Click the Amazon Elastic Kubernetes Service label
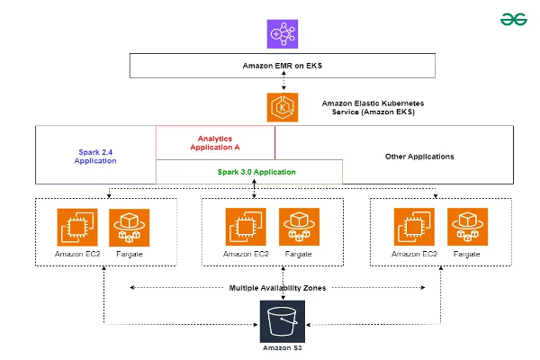pyautogui.click(x=373, y=109)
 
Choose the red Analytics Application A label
pyautogui.click(x=215, y=142)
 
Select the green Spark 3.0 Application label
pyautogui.click(x=256, y=171)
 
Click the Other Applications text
pyautogui.click(x=419, y=157)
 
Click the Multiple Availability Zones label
pyautogui.click(x=278, y=288)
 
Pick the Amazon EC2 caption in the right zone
pyautogui.click(x=414, y=255)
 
